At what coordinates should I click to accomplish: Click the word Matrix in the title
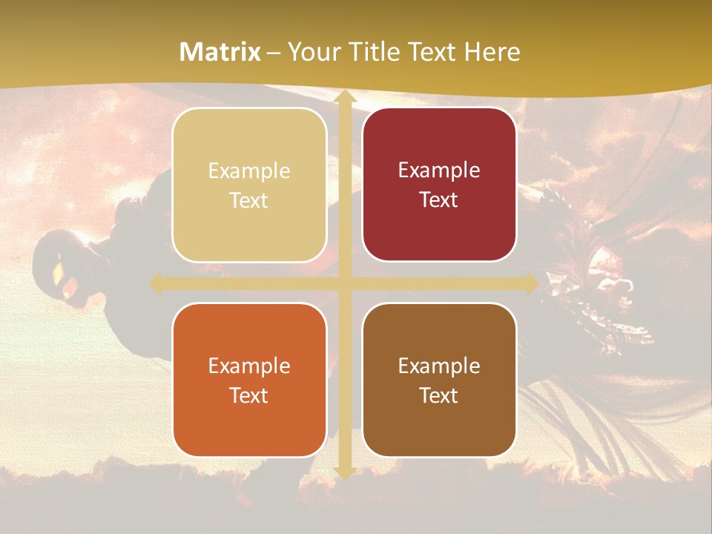220,52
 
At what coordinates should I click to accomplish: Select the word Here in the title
492,52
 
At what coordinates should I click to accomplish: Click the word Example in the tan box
249,171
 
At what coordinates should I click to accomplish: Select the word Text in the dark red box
439,200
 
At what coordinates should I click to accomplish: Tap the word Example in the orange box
249,366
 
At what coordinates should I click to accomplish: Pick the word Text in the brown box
439,395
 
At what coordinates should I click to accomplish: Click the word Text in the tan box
249,201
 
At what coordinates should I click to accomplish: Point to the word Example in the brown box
439,366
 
